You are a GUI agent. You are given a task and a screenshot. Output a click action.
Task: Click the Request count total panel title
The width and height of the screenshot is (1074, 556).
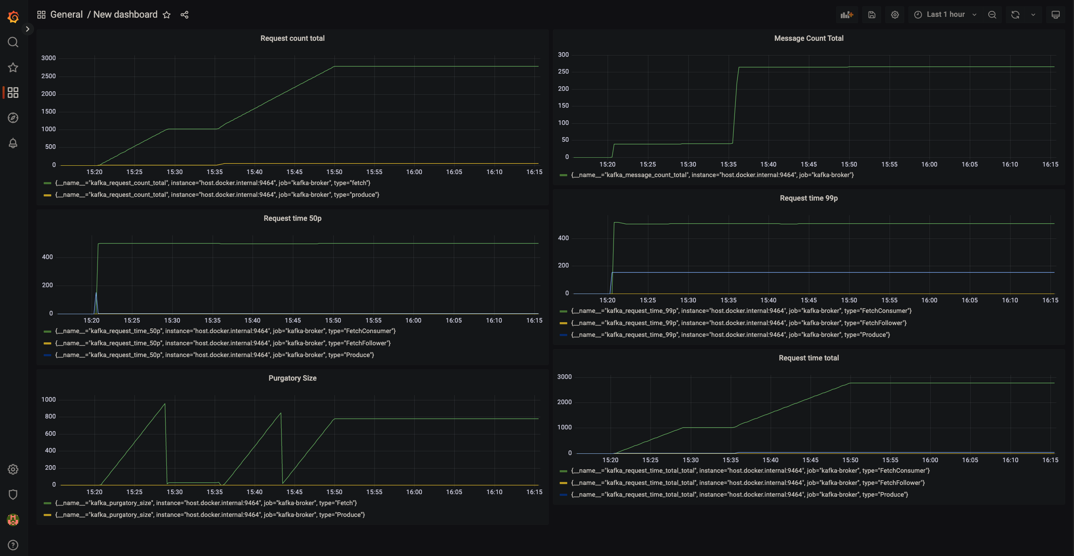click(292, 38)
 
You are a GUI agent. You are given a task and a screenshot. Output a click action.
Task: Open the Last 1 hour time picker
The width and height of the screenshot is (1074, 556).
click(945, 15)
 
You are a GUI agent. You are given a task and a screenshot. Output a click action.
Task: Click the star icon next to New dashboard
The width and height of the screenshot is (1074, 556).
click(167, 15)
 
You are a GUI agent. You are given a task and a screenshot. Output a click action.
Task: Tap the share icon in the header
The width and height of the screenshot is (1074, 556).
click(184, 15)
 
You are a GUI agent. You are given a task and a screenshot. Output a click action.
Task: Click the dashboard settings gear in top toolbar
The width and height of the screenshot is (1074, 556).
click(895, 15)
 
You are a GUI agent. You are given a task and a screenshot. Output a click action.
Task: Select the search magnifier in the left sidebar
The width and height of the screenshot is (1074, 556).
click(13, 42)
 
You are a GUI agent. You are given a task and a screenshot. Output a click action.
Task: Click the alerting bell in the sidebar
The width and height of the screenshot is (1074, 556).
click(13, 143)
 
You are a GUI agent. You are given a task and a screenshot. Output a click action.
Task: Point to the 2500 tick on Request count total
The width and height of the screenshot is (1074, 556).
click(48, 76)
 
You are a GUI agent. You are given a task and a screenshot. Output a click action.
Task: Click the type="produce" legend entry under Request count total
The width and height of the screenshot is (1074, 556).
click(217, 195)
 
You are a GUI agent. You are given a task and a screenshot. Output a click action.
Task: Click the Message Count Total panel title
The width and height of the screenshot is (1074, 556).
click(808, 38)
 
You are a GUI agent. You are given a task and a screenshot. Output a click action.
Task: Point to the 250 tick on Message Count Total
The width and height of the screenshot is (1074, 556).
click(563, 71)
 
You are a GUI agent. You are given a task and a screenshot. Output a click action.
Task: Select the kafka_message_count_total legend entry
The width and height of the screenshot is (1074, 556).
click(712, 175)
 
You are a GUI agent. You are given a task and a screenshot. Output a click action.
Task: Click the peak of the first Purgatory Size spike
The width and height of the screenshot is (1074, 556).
click(165, 404)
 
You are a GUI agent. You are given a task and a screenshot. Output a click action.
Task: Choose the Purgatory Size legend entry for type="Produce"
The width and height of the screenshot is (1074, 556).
click(210, 515)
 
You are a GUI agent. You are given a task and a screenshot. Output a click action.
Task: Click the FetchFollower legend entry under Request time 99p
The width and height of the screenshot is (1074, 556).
click(738, 323)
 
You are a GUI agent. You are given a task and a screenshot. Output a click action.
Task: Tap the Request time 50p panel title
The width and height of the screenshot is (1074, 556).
click(292, 218)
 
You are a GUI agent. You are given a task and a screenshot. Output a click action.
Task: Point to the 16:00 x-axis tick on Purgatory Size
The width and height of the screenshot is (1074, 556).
click(414, 492)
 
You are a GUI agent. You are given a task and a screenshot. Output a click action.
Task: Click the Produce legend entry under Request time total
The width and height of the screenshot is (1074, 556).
click(739, 495)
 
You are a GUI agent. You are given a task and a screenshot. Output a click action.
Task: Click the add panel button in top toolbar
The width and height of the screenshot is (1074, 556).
click(847, 15)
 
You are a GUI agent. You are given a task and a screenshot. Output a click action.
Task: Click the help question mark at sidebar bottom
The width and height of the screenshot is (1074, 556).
click(13, 545)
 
